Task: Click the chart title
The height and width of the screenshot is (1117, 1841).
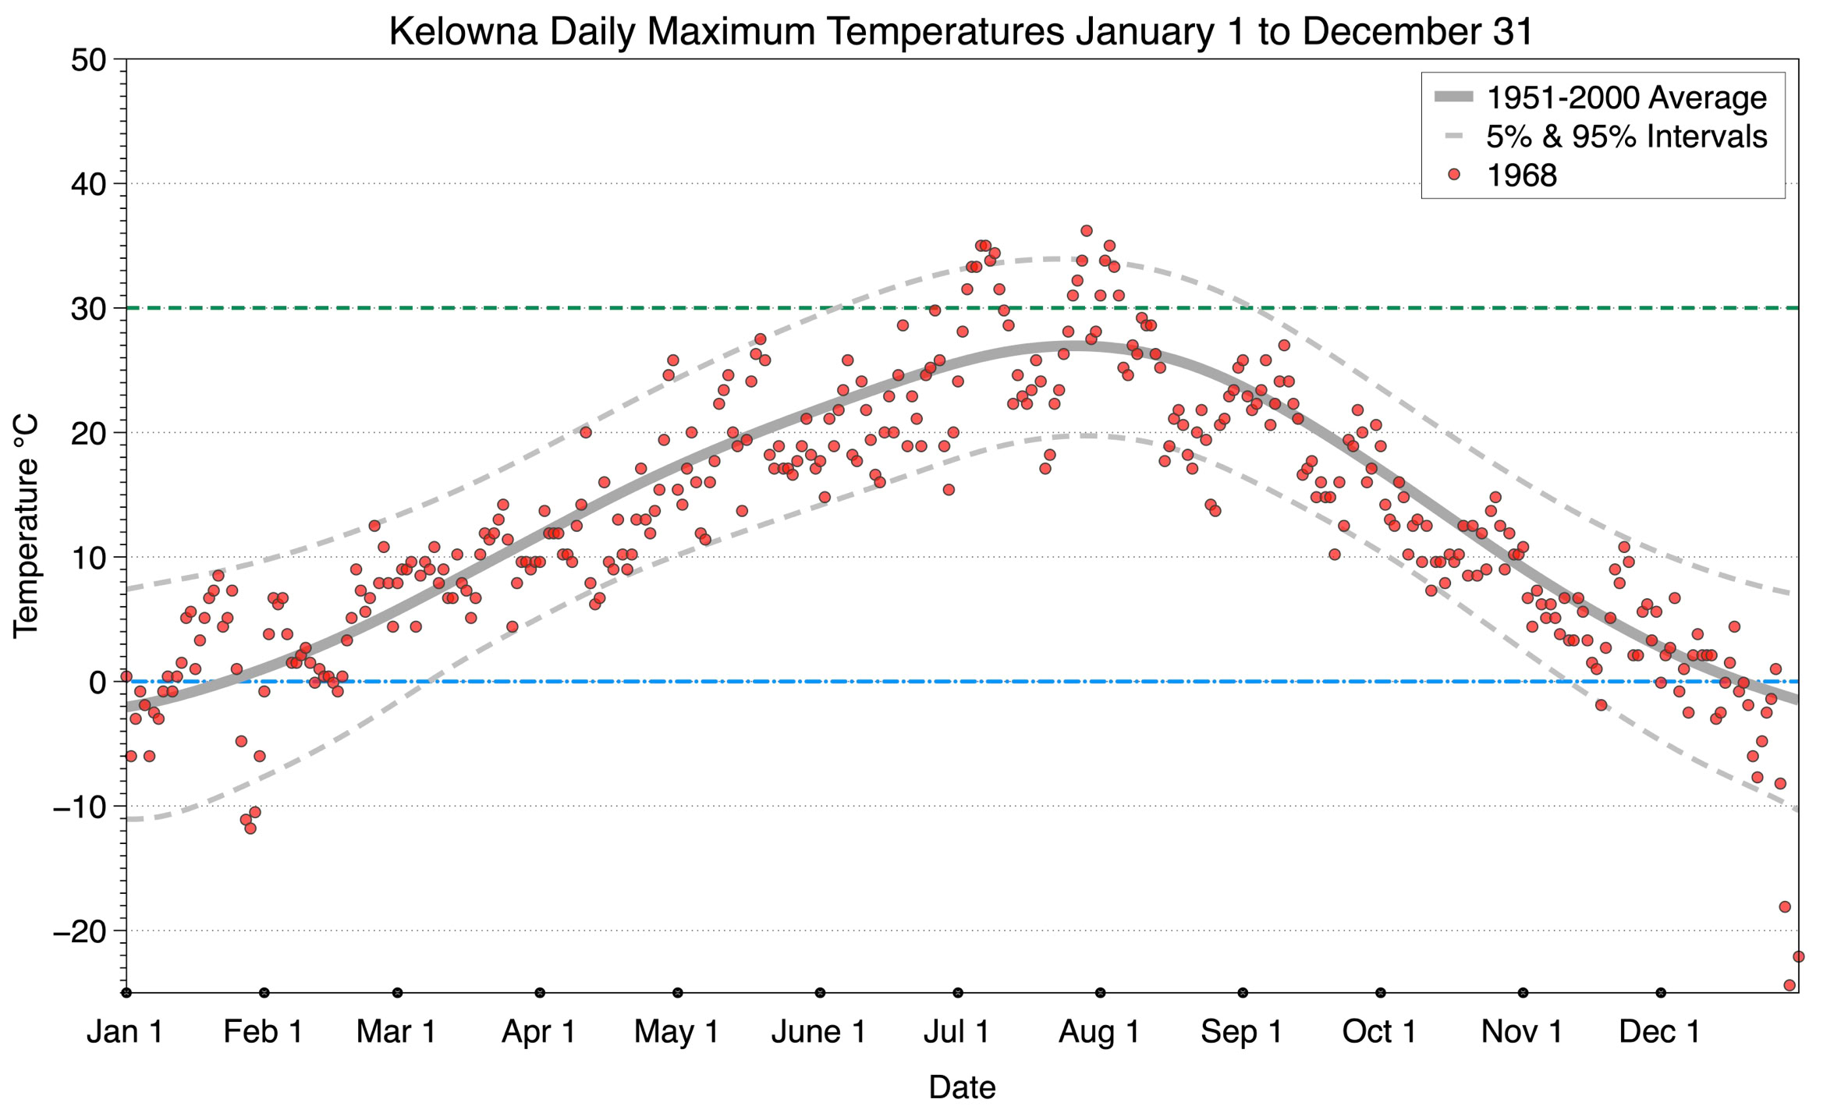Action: tap(961, 32)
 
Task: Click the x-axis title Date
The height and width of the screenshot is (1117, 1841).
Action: tap(962, 1087)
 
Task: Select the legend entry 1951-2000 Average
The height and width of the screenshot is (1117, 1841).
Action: tap(1626, 98)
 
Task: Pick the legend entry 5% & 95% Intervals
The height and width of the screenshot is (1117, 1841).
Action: tap(1626, 137)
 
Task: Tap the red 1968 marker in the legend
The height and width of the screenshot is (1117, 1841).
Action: tap(1453, 175)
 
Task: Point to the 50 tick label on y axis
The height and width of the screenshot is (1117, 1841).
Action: tap(88, 60)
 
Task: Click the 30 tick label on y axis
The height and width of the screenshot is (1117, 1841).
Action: tap(88, 309)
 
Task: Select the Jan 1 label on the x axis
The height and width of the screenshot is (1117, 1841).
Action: tap(125, 1031)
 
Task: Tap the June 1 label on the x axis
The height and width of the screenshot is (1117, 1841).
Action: tap(818, 1031)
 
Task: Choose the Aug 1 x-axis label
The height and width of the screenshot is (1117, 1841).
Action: tap(1099, 1031)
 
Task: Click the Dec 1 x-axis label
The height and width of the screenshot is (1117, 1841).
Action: tap(1660, 1031)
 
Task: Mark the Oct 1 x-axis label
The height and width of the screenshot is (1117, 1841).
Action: tap(1379, 1031)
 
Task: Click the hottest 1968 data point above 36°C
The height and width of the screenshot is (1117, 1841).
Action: tap(1087, 231)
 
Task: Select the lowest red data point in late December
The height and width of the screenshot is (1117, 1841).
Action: tap(1790, 985)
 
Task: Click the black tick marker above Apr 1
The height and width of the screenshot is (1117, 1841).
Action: tap(540, 993)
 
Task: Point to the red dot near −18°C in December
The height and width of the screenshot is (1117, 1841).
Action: tap(1785, 906)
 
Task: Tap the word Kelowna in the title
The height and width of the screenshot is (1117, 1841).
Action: tap(463, 32)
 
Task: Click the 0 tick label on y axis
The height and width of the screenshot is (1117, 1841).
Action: tap(98, 683)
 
